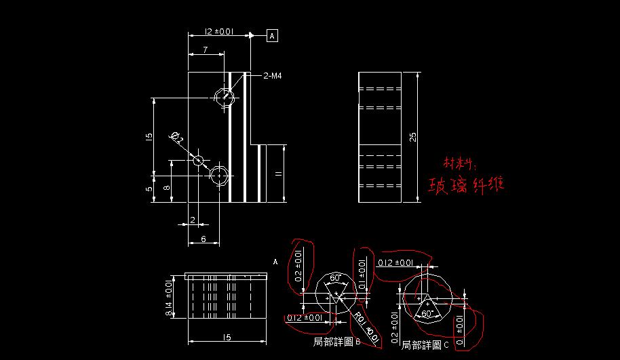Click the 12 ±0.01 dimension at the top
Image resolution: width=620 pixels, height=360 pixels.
[219, 32]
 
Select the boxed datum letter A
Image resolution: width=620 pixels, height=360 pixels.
[272, 36]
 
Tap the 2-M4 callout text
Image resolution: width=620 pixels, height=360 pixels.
[272, 76]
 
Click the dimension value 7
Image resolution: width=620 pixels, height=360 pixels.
[205, 51]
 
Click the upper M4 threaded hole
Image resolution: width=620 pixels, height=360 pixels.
[224, 96]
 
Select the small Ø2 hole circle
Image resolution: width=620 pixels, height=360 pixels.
[197, 161]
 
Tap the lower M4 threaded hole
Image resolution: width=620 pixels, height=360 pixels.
[219, 175]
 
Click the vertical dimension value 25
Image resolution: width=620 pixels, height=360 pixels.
[412, 136]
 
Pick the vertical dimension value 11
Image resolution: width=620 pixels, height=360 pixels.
[279, 174]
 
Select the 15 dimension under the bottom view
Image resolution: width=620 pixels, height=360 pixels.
[227, 337]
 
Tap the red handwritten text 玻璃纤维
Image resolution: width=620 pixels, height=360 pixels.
[467, 184]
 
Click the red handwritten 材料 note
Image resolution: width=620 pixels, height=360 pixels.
[461, 163]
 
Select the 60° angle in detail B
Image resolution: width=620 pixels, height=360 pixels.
[335, 279]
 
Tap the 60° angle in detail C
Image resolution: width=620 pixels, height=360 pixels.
[427, 314]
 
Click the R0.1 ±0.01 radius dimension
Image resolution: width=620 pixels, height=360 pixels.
[364, 326]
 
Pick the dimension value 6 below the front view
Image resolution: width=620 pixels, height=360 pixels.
[204, 239]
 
